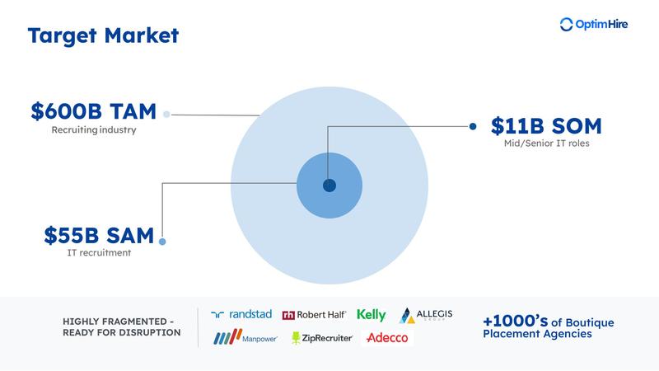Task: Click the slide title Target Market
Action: [x=102, y=35]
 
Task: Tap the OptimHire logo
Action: [x=593, y=25]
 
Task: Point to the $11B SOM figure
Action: [x=546, y=126]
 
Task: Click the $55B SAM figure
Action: [x=99, y=236]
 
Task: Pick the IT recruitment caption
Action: [x=99, y=252]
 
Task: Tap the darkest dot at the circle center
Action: [x=329, y=185]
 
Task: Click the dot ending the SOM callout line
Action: [x=473, y=126]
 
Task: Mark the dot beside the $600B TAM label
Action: [x=166, y=115]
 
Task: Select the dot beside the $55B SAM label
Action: [x=162, y=241]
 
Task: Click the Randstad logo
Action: [x=241, y=314]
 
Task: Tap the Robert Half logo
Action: [x=314, y=314]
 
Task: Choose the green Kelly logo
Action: [x=372, y=314]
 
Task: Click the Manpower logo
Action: [x=245, y=338]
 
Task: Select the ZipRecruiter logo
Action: [x=322, y=338]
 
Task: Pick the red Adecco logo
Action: [x=386, y=338]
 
